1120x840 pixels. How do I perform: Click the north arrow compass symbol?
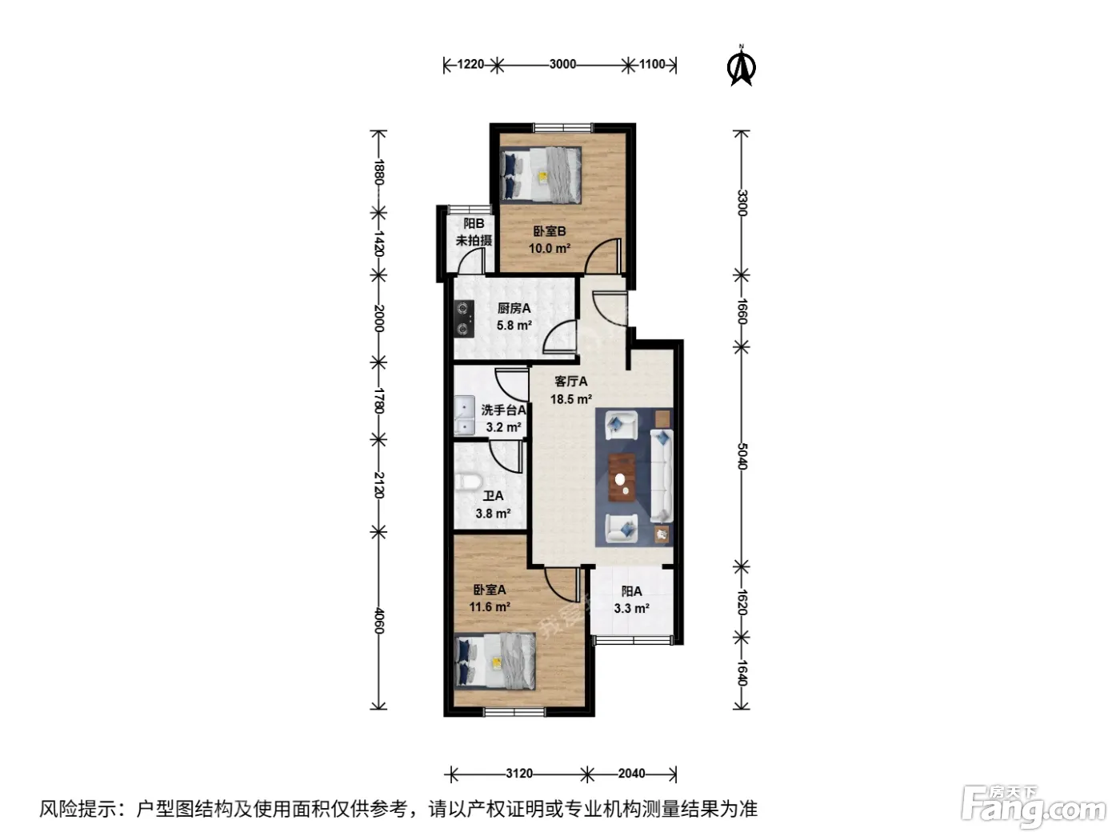point(741,66)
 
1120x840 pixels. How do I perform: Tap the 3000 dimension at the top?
point(562,64)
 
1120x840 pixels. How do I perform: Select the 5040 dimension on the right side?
point(742,457)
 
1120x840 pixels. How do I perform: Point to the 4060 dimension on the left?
point(378,621)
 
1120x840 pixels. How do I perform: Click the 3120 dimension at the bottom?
point(519,774)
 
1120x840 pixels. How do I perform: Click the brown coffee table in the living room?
point(622,478)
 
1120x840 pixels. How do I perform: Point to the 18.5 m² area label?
point(571,399)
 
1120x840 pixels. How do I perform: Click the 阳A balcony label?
point(631,591)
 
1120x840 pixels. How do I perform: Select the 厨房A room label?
point(514,308)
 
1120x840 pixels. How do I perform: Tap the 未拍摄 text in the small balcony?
point(474,240)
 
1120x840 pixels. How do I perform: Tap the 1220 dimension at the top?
point(470,64)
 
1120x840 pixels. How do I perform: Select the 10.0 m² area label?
point(549,248)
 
